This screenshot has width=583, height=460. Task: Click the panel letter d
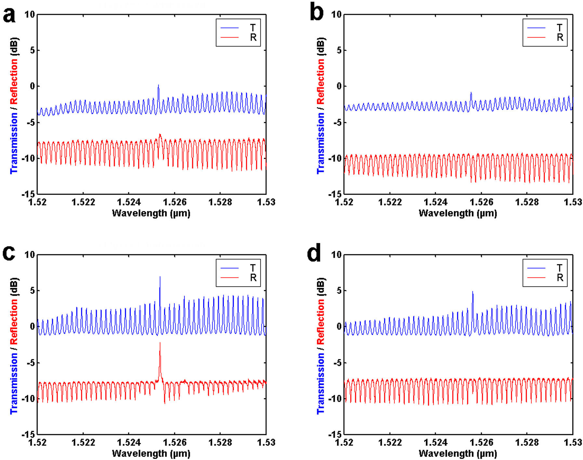click(314, 254)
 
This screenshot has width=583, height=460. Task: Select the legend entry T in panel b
click(559, 28)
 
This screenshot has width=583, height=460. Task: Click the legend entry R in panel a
click(253, 38)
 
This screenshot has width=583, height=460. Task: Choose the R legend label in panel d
click(559, 278)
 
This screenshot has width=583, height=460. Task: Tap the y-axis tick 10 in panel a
click(30, 14)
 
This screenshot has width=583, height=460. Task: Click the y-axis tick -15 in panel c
click(28, 434)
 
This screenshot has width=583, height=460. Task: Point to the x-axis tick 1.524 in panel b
click(435, 202)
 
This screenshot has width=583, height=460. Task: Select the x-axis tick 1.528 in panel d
click(527, 442)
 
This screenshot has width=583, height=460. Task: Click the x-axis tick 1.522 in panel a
click(83, 202)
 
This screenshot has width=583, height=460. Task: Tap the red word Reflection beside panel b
click(321, 81)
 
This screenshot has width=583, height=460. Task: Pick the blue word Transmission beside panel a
click(14, 143)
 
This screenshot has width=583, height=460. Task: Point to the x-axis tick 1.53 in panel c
click(266, 442)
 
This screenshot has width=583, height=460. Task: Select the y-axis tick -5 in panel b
click(337, 123)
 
